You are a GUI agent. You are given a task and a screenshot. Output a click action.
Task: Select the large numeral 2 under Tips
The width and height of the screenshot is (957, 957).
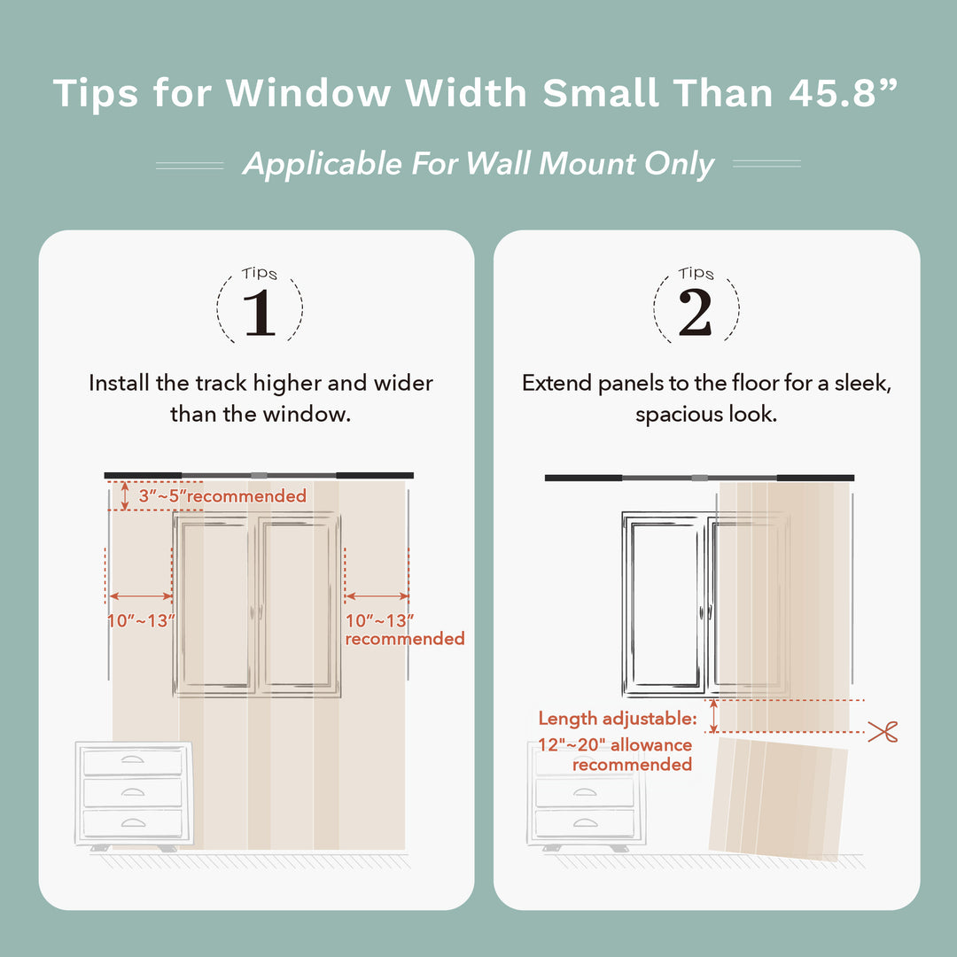point(696,313)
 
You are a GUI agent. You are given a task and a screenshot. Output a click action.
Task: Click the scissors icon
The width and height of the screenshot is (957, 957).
point(883,732)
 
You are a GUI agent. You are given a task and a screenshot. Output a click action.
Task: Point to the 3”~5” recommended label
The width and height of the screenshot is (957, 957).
point(222,496)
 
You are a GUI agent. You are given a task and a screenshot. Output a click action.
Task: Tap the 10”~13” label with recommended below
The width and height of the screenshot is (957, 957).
point(380,620)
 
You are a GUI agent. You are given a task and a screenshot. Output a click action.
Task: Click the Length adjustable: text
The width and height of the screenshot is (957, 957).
point(618,719)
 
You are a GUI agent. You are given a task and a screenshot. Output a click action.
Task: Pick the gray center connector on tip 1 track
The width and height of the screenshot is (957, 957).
point(259,476)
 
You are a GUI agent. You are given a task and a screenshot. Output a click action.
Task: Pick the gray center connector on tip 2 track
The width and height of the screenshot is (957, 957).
point(700,478)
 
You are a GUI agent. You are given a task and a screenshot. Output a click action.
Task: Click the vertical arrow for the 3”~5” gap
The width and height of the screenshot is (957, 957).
point(125,496)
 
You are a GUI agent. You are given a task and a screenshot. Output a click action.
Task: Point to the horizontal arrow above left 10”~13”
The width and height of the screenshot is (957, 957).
point(140,597)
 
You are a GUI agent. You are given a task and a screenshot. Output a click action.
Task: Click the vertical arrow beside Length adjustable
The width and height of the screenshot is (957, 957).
point(713,716)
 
